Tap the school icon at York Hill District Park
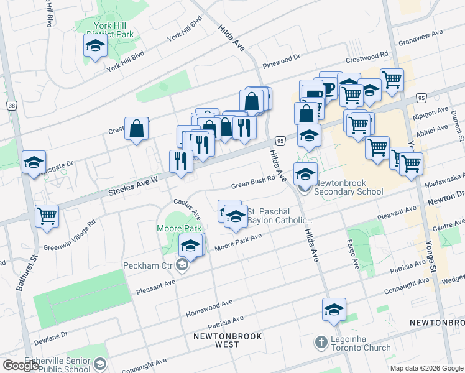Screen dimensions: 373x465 coord(95,46)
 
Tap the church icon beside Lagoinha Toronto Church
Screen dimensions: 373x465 coord(321,342)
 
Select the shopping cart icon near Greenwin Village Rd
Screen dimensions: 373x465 coord(47,216)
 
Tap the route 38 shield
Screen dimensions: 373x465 coord(12,106)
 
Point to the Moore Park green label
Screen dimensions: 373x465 coord(173,229)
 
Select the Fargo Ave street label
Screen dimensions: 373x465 coord(352,254)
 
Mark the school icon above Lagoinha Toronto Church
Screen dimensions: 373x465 coord(334,310)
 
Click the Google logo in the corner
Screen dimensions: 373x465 coord(21,366)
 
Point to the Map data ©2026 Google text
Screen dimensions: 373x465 coord(426,368)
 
